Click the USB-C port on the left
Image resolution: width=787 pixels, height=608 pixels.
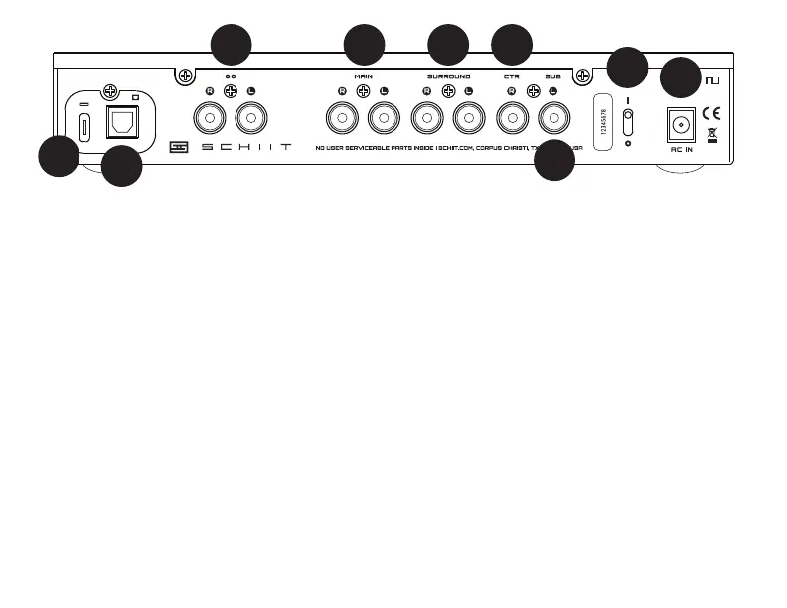click(x=86, y=127)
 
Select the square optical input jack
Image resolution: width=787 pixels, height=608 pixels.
click(x=122, y=122)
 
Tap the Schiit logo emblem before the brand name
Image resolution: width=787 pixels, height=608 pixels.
click(x=179, y=147)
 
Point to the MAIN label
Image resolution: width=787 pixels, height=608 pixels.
click(x=363, y=76)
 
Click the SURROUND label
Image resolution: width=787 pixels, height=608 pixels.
click(x=448, y=76)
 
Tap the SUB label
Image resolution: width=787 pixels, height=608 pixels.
click(x=552, y=76)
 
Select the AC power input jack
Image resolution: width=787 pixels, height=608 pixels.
click(x=681, y=122)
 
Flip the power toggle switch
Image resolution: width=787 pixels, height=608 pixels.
click(x=627, y=123)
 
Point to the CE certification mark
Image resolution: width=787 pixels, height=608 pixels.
click(x=712, y=113)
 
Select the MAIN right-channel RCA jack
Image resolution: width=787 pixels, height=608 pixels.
click(x=342, y=121)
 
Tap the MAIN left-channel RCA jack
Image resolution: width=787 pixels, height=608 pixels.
click(x=383, y=121)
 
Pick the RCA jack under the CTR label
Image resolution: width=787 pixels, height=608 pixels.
click(x=511, y=121)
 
